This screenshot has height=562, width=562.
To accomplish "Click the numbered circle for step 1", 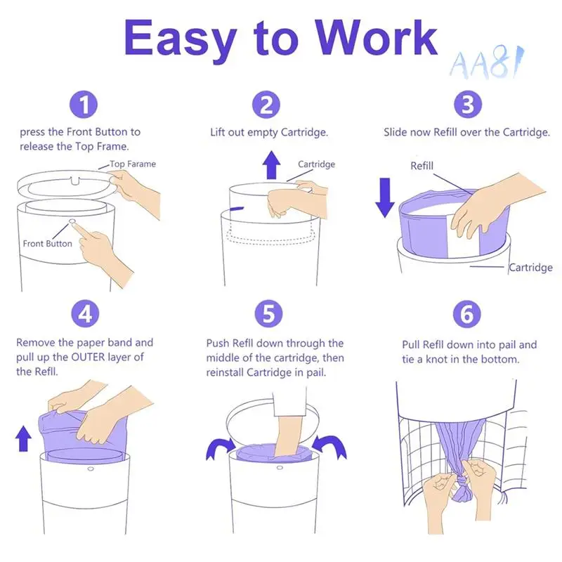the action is [84, 104].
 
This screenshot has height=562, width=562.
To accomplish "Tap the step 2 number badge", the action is [266, 104].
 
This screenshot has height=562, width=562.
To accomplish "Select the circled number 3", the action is [468, 104].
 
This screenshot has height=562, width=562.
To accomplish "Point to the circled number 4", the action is [85, 313].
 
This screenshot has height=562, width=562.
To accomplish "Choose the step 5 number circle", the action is [268, 313].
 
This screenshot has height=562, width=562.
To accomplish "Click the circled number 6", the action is [466, 314].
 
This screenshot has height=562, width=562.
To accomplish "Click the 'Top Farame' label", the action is [133, 164].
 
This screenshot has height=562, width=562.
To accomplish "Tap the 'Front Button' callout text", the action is [47, 244].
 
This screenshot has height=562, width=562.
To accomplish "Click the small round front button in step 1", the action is [72, 221].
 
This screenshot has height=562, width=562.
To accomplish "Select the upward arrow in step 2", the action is [271, 165].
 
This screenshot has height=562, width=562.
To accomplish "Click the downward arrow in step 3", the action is [384, 198].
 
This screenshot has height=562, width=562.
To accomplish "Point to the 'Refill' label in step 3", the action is [422, 166].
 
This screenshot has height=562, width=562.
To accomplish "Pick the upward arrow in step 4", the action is [23, 438].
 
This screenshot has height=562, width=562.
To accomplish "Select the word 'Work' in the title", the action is [376, 38].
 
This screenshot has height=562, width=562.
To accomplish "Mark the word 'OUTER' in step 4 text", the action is [89, 357].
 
